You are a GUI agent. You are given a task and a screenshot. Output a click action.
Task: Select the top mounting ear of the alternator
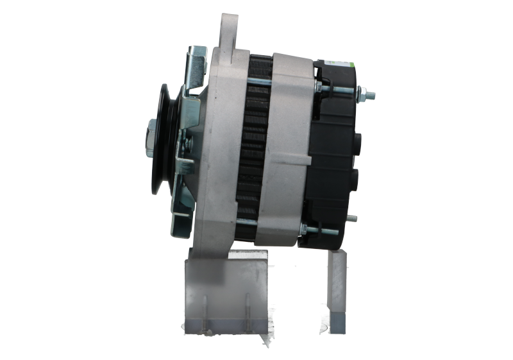(228, 29)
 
